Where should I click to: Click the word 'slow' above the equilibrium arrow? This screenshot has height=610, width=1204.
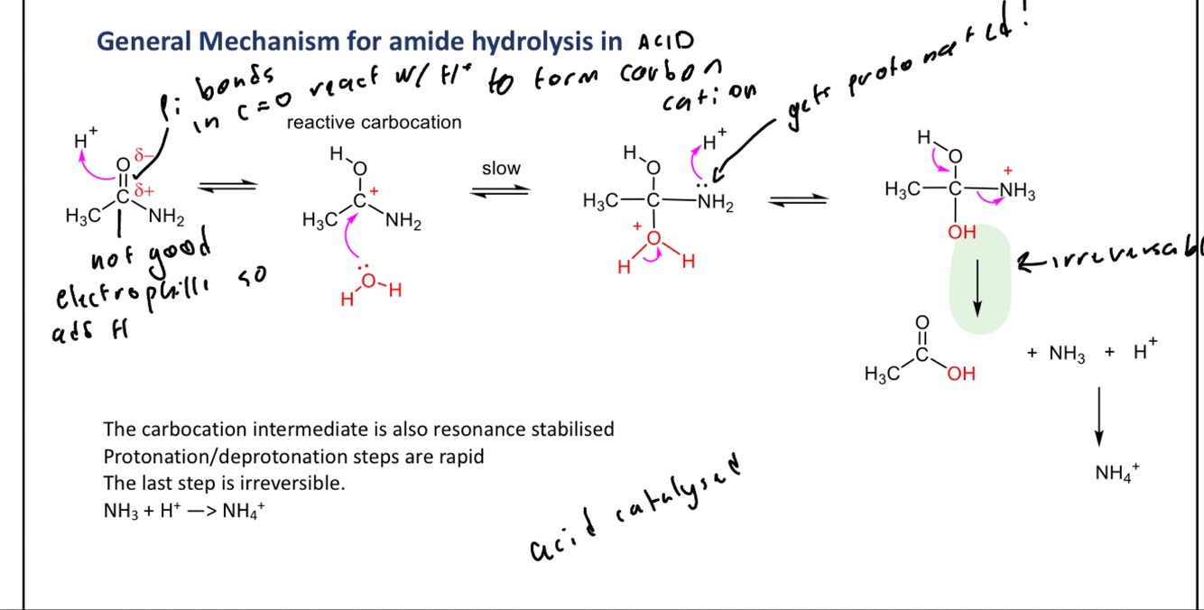point(501,169)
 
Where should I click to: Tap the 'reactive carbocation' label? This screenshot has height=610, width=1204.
point(374,123)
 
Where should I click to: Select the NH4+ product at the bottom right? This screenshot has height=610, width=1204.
point(1116,473)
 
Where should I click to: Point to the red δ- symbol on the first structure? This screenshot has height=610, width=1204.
point(140,156)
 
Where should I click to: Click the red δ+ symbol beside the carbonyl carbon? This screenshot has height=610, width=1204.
point(144,190)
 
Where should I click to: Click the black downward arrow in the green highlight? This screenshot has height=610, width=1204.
point(977,282)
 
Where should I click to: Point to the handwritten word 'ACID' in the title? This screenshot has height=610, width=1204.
point(666,41)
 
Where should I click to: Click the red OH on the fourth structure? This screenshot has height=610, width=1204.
point(962,232)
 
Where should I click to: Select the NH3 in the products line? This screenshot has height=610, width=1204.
point(1067,354)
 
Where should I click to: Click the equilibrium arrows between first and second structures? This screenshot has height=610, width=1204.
point(227,187)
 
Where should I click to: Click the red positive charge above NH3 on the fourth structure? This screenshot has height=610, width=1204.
point(1008,170)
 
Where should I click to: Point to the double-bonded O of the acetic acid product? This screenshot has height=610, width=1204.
point(922,322)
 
